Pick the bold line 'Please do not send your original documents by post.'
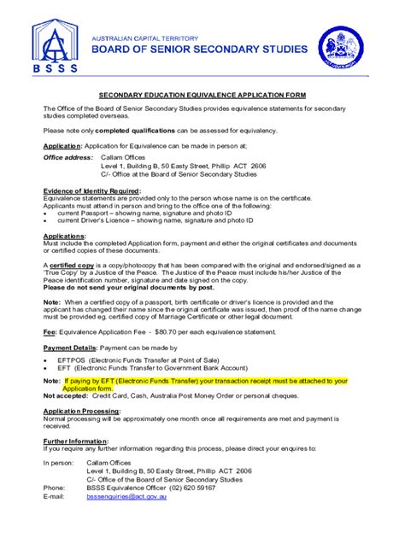coord(120,288)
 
